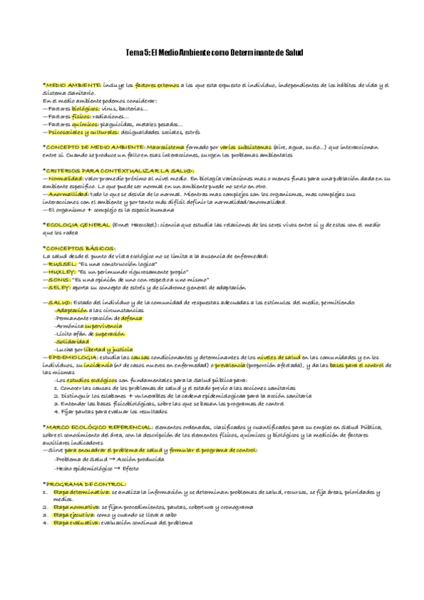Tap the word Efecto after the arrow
click(130, 468)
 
